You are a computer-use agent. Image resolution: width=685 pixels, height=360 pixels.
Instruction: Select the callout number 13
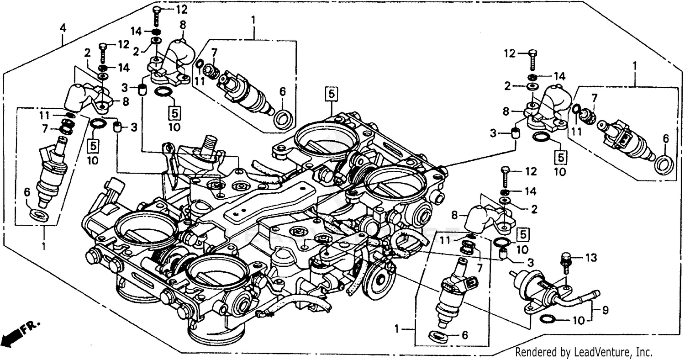click(x=591, y=259)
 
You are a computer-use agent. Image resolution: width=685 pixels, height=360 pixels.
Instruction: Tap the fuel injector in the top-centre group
click(x=244, y=91)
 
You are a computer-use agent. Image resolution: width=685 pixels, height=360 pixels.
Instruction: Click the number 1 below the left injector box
click(x=44, y=247)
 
